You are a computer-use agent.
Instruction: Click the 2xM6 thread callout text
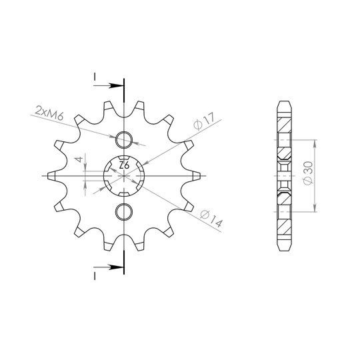[x=49, y=113]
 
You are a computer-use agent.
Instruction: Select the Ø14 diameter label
[x=211, y=219]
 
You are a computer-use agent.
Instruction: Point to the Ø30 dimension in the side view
[x=308, y=173]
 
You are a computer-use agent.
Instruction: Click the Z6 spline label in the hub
[x=124, y=165]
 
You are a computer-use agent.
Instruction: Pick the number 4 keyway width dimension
[x=79, y=159]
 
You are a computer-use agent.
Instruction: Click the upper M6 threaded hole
[x=124, y=140]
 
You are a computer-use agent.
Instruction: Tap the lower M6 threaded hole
[x=124, y=212]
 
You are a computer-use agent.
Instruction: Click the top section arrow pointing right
[x=109, y=86]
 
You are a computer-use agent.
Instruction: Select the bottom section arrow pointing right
[x=109, y=267]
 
